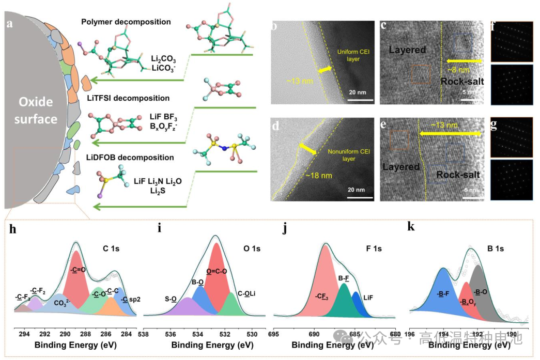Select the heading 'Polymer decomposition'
[126, 22]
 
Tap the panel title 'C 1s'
[112, 248]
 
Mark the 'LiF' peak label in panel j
[368, 298]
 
